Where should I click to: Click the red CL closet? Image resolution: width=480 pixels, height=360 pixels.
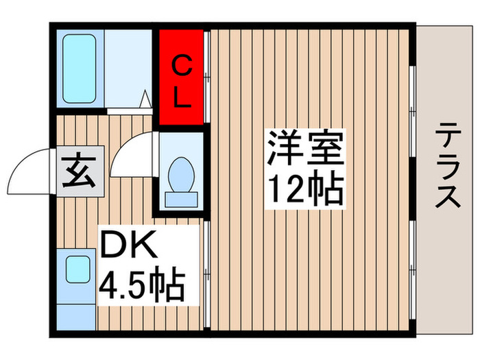coord(181,77)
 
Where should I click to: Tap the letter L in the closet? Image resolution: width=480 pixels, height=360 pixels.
coord(180,98)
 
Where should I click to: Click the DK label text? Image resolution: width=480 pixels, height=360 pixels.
coord(130,245)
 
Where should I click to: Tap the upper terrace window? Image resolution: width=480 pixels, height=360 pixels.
coord(413,89)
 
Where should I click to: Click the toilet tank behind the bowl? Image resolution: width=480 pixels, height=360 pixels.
coord(182,200)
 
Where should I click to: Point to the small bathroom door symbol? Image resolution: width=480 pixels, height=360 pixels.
coord(146,99)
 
